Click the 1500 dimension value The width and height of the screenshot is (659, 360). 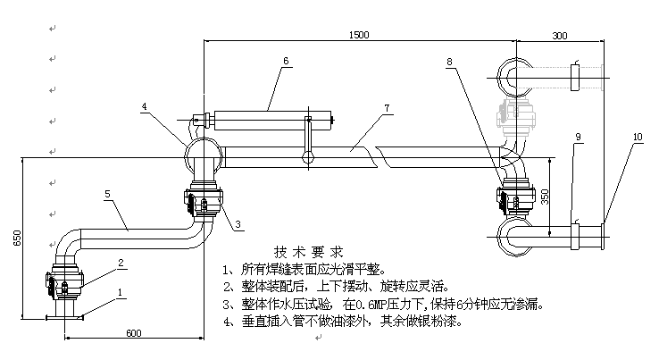[359, 35]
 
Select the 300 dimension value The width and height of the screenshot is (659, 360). [559, 36]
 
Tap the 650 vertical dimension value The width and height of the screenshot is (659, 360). [17, 238]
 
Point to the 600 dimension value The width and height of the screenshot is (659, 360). [134, 333]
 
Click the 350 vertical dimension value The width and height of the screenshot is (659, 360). [545, 197]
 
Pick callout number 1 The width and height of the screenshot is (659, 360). [121, 292]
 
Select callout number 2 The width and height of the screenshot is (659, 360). [121, 263]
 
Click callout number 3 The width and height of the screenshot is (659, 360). [238, 224]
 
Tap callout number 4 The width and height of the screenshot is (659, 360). [144, 106]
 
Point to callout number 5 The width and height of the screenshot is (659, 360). [107, 194]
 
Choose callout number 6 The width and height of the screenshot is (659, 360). [286, 61]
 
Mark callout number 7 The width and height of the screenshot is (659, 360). [387, 108]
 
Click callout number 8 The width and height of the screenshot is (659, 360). [449, 62]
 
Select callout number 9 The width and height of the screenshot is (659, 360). [578, 137]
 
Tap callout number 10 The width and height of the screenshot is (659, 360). [638, 137]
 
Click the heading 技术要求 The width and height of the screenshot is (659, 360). [309, 252]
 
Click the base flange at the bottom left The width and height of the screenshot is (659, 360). [64, 318]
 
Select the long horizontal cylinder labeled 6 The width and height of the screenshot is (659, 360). [272, 121]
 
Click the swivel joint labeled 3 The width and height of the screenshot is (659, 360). [204, 201]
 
